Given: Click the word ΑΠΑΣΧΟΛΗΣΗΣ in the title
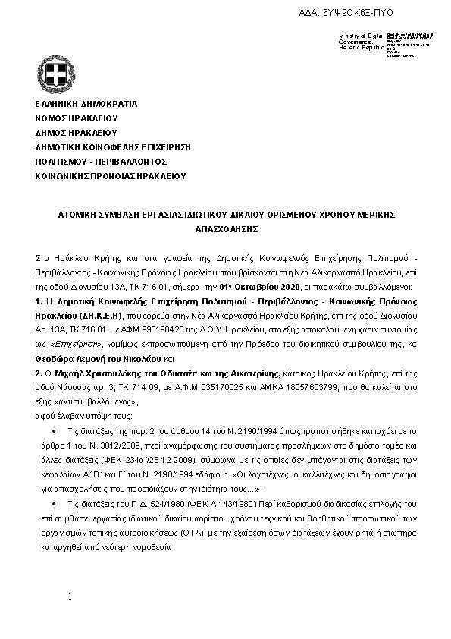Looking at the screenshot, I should tap(224, 228).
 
